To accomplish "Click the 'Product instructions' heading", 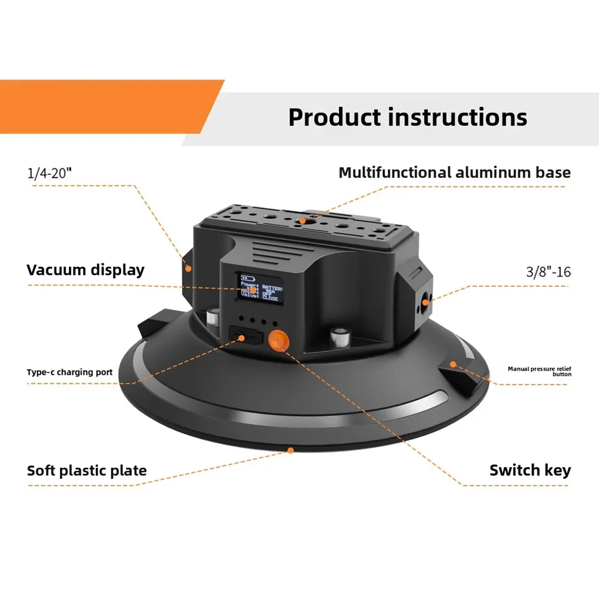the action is (x=407, y=117).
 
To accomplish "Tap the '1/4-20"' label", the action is (x=49, y=173).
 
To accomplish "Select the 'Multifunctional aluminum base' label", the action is (x=454, y=173).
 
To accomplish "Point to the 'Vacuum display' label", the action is (x=85, y=270).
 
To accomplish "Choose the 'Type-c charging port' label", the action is (x=69, y=372).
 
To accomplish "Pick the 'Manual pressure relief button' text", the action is (x=539, y=371).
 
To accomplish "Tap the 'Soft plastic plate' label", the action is (x=87, y=470).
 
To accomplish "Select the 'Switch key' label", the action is (x=530, y=470).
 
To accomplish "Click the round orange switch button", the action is (x=277, y=341).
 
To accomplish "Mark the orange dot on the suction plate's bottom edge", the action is (x=291, y=449).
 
